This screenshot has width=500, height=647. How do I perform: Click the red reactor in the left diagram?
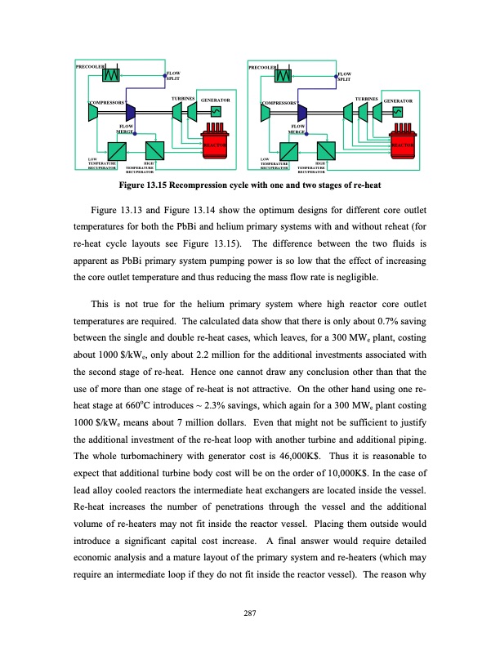[x=215, y=140]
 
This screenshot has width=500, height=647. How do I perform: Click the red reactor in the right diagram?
[x=403, y=140]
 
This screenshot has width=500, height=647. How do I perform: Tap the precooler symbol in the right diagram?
[x=283, y=75]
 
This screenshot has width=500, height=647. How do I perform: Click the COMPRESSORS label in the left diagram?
[x=106, y=104]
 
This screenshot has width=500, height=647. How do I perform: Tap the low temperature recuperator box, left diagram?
[x=116, y=152]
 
